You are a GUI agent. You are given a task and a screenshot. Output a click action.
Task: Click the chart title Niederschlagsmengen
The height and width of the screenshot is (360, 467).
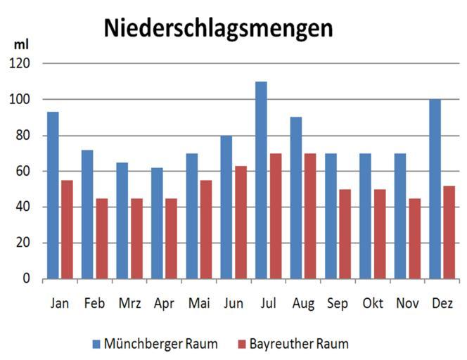218,28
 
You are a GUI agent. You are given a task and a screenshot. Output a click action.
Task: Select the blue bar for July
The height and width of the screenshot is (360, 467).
261,180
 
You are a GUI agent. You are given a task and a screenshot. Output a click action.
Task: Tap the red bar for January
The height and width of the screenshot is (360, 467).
68,229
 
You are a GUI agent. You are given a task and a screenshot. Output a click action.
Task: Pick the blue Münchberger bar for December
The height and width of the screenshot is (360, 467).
435,189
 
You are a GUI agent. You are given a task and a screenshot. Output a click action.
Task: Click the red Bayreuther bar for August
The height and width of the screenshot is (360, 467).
309,216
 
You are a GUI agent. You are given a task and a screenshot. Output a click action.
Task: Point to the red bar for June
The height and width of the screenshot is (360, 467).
241,222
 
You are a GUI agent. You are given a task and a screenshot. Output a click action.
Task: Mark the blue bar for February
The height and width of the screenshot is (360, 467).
87,214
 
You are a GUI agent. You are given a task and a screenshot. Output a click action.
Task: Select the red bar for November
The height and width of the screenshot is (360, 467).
414,238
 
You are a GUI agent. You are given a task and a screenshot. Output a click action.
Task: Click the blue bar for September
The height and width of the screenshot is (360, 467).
331,216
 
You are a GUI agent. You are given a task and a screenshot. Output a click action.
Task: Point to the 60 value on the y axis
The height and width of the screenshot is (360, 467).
24,171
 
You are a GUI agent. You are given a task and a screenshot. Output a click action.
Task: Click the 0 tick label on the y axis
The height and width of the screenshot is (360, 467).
27,278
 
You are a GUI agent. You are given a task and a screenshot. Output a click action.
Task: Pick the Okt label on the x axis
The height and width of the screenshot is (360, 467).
373,304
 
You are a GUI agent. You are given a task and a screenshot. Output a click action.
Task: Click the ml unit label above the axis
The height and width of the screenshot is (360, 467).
21,44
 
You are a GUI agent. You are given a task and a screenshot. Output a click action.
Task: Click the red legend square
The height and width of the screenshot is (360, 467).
243,344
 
